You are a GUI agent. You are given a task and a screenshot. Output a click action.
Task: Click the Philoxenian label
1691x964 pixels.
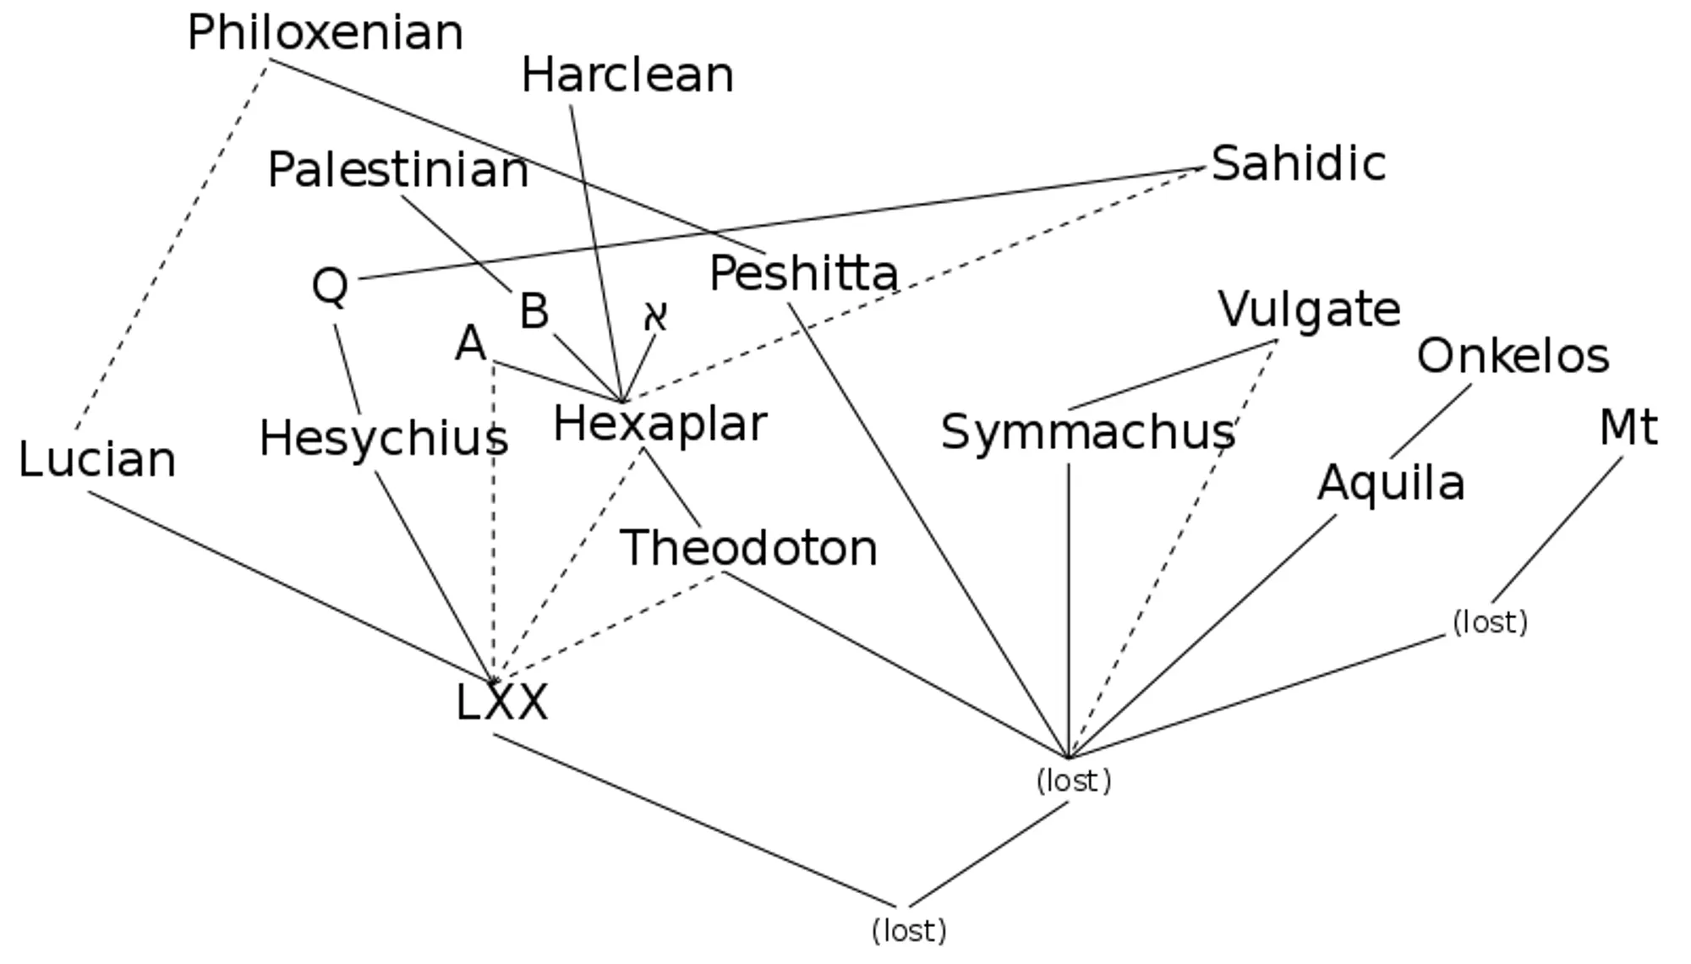326,34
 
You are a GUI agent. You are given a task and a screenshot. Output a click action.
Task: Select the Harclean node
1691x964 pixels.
627,76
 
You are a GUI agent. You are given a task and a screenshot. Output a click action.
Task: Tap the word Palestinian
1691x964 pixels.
398,170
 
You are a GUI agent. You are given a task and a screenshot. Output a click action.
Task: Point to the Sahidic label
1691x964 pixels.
1299,164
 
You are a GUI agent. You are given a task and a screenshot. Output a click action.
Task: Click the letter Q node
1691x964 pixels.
330,287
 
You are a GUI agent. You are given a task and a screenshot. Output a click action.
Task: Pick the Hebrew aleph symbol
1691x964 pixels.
656,316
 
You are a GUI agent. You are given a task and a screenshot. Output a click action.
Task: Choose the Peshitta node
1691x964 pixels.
803,274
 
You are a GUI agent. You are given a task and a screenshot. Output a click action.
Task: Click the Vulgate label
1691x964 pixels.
1309,309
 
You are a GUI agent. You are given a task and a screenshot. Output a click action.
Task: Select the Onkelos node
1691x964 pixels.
1513,356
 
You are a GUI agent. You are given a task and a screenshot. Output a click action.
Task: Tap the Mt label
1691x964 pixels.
1628,427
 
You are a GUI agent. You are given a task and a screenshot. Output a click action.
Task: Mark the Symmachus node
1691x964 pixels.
1088,432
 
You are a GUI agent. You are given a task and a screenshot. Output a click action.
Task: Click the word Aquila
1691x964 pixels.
1391,484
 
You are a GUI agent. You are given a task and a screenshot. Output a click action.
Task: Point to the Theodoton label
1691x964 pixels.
749,548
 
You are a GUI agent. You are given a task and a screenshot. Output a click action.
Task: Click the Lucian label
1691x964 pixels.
97,460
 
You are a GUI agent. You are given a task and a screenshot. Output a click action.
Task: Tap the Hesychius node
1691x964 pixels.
384,439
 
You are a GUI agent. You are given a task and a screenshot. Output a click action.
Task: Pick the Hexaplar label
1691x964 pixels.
659,424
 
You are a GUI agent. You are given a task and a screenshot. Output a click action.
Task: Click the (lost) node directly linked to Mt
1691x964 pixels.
1490,622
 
